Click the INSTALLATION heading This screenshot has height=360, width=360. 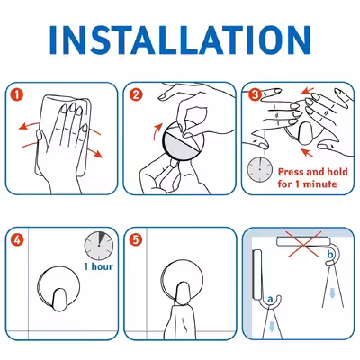(x=180, y=40)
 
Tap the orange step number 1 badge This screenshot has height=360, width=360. (x=17, y=94)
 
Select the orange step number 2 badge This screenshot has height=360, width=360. (x=136, y=94)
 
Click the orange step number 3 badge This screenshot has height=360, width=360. (x=255, y=94)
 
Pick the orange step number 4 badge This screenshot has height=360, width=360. (x=17, y=240)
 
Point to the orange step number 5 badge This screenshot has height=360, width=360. (x=136, y=240)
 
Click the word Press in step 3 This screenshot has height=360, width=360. (x=291, y=172)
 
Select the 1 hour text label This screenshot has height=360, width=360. (x=99, y=266)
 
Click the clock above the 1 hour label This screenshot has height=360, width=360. (x=99, y=246)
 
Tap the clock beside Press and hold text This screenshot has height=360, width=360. (x=260, y=170)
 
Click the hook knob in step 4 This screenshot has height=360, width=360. (x=59, y=300)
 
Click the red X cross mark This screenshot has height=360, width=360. (x=303, y=244)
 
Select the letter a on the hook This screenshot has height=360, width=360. (x=270, y=299)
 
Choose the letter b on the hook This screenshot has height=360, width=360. (x=330, y=255)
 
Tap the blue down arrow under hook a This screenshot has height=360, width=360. (x=272, y=326)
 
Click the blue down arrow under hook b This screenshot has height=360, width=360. (x=332, y=292)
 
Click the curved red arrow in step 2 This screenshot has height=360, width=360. (x=157, y=131)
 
